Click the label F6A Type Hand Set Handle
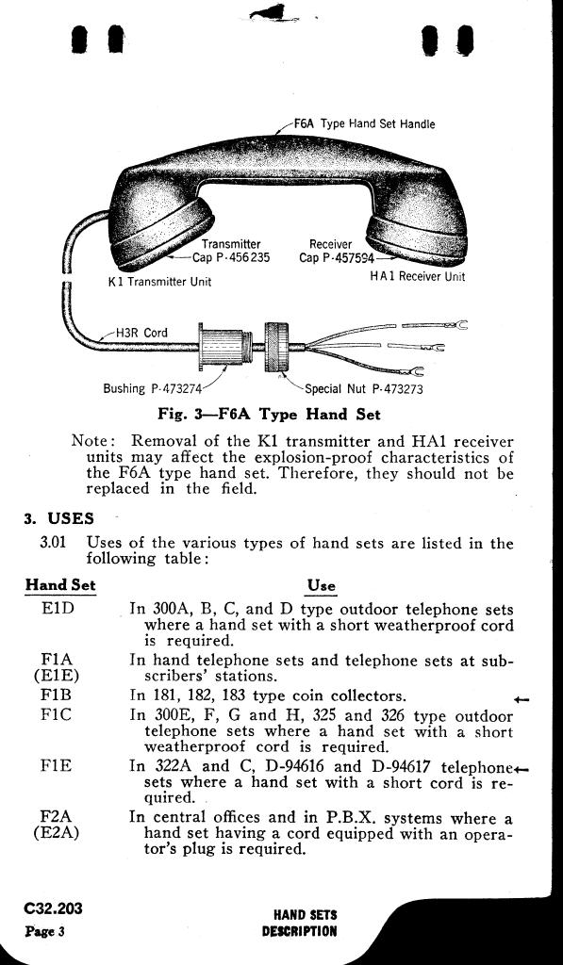(364, 123)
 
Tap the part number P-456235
(244, 257)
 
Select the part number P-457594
(349, 258)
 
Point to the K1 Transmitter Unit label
(159, 282)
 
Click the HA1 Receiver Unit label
(417, 276)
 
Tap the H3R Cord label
(141, 333)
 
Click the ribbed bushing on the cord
(224, 349)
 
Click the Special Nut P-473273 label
(364, 389)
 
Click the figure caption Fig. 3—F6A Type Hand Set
(269, 414)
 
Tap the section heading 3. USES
(59, 518)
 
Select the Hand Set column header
(60, 584)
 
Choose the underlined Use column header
(322, 585)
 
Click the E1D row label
(58, 611)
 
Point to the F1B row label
(57, 696)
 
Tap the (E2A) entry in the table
(57, 835)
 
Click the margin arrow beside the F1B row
(522, 699)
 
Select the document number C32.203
(53, 908)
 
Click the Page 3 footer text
(45, 930)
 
